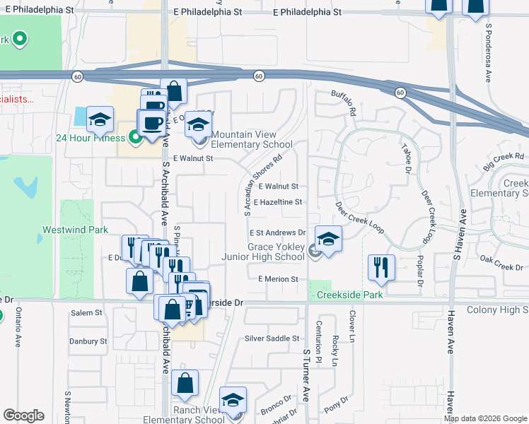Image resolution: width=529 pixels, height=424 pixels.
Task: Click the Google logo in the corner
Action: pos(23,416)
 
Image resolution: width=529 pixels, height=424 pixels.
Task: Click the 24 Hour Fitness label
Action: pos(91,138)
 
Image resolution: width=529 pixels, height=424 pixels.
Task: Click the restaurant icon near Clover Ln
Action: pos(381,267)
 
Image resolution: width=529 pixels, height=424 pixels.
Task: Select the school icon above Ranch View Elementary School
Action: pos(233,400)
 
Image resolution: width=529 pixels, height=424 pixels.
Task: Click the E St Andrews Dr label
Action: pos(277,232)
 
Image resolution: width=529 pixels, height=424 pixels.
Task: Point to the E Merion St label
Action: pos(278,279)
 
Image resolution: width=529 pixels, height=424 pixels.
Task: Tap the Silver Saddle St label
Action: pos(272,338)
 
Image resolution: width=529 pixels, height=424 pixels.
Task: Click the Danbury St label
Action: pos(88,341)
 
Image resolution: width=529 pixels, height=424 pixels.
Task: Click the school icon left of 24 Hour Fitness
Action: pos(100,119)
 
